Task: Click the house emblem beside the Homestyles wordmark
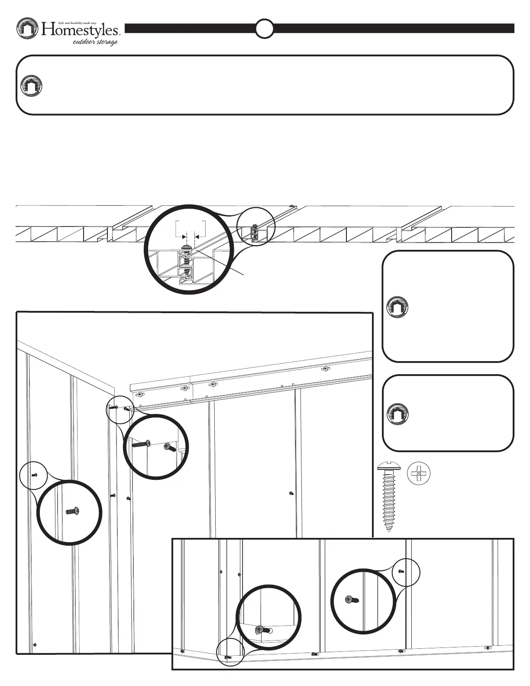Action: coord(28,29)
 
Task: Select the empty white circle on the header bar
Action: coord(264,29)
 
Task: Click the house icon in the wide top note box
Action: coord(32,85)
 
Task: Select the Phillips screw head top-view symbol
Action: coord(418,474)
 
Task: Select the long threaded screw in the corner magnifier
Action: coord(142,444)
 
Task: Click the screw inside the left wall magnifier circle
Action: coord(72,512)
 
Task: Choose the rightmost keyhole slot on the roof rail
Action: coord(325,369)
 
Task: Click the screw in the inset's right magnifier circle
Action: coord(351,600)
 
